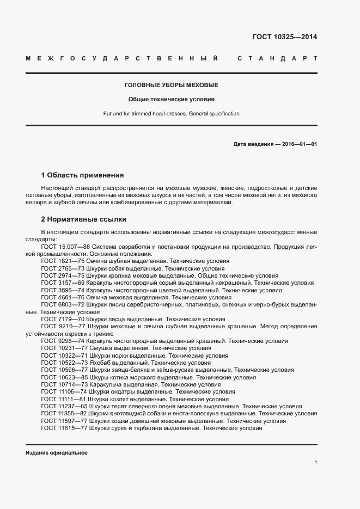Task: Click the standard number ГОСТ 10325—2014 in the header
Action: (284, 38)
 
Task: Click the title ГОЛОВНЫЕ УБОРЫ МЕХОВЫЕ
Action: (171, 85)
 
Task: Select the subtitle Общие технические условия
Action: (171, 100)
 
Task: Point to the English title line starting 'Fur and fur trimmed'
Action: (171, 114)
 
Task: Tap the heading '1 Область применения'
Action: (82, 175)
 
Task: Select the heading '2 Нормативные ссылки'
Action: (84, 219)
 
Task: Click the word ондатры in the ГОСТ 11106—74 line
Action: (121, 392)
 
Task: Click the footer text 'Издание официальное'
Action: (56, 453)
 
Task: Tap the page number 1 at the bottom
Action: (315, 462)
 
